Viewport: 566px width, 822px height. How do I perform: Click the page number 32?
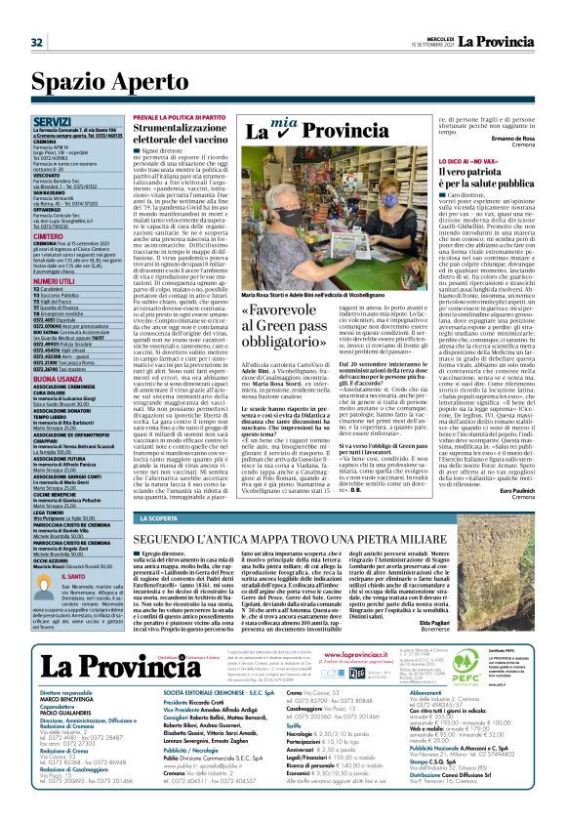36,42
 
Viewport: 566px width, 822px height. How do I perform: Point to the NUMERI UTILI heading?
60,280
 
